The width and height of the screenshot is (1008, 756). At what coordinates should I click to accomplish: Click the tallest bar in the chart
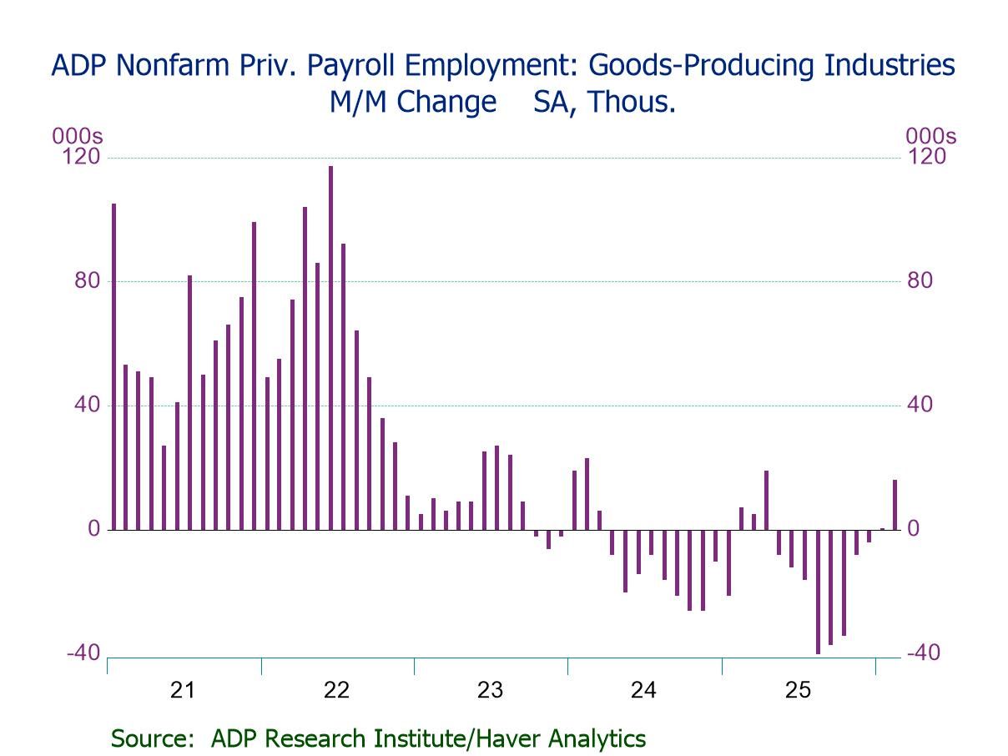click(330, 347)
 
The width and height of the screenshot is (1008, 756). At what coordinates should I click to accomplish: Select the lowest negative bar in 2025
click(818, 592)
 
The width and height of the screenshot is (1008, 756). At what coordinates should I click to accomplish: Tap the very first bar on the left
click(113, 366)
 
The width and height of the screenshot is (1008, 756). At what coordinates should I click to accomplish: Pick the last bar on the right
click(895, 505)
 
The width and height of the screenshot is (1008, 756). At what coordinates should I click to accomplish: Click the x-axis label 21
click(182, 690)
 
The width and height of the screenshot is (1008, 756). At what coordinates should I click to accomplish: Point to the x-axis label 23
click(490, 690)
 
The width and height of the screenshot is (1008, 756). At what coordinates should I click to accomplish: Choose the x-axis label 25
click(798, 690)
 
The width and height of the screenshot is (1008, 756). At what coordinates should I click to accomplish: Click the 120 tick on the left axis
click(82, 157)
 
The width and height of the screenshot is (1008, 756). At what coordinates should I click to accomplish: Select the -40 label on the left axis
click(83, 653)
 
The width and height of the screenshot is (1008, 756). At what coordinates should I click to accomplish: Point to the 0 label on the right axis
click(914, 529)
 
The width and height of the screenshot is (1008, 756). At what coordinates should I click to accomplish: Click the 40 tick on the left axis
click(87, 405)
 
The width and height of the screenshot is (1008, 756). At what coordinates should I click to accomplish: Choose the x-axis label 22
click(336, 690)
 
